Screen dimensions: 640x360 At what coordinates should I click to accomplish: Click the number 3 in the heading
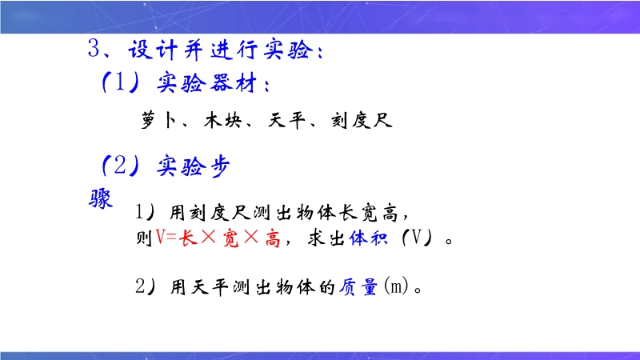point(94,48)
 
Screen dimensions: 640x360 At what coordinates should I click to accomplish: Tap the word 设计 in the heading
point(153,50)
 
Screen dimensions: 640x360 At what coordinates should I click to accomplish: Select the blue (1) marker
point(121,82)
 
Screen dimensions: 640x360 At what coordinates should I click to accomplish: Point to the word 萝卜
point(158,121)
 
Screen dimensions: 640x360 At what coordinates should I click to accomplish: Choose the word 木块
point(223,121)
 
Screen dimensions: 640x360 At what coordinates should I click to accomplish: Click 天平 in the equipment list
point(286,121)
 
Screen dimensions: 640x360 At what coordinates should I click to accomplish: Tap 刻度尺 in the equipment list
point(362,121)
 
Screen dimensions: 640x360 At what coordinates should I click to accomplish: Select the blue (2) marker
point(121,166)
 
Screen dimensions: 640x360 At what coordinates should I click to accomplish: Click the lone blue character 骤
point(101,198)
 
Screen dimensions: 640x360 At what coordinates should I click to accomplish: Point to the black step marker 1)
point(145,212)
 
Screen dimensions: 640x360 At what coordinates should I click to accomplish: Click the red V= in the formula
point(166,238)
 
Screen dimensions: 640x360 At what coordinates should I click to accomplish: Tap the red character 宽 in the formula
point(230,238)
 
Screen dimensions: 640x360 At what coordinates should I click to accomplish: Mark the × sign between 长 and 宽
point(209,237)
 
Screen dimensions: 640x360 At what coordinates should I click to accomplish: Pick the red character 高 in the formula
point(273,238)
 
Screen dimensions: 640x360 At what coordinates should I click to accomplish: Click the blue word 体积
point(368,238)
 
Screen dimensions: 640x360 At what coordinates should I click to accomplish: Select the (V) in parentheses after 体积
point(416,237)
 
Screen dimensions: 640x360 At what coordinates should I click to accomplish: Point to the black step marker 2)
point(146,286)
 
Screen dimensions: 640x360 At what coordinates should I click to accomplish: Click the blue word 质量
point(358,286)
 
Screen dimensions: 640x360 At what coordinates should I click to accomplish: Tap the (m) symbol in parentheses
point(396,286)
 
